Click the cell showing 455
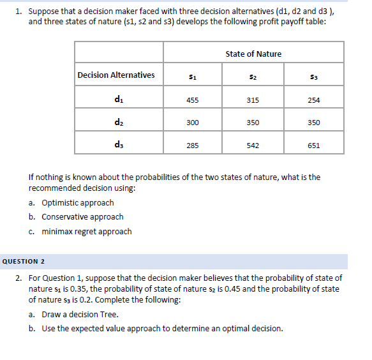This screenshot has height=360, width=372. point(192,100)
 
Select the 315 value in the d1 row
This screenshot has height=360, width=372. point(253,100)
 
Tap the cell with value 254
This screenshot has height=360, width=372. point(313,100)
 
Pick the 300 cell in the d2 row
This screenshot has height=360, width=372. point(192,123)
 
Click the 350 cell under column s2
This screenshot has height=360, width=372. point(253,123)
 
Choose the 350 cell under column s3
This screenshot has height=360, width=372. point(313,123)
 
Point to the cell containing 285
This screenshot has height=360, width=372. point(192,146)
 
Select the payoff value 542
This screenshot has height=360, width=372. point(253,146)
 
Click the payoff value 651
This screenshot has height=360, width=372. point(313,146)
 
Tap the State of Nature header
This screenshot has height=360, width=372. point(253,54)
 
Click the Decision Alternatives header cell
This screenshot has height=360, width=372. point(116,75)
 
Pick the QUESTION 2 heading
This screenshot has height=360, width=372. point(26,261)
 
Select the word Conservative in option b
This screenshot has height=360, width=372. point(66,217)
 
